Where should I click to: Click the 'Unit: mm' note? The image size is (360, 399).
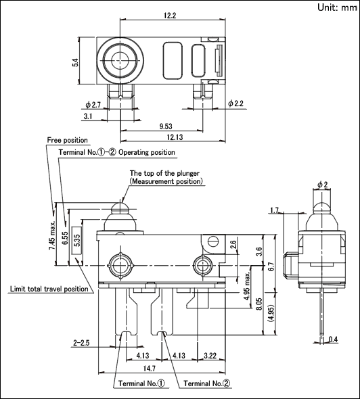pyautogui.click(x=337, y=7)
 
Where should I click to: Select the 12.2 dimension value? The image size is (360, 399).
pyautogui.click(x=170, y=16)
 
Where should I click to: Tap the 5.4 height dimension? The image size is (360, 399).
pyautogui.click(x=75, y=63)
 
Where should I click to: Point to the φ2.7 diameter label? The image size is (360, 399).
pyautogui.click(x=93, y=105)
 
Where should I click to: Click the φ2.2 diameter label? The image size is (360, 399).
pyautogui.click(x=235, y=103)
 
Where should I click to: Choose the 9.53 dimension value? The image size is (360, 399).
pyautogui.click(x=166, y=126)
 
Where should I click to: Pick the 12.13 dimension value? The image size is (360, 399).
pyautogui.click(x=175, y=137)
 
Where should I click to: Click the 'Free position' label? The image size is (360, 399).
pyautogui.click(x=68, y=140)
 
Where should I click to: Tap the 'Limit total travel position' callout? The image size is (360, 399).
pyautogui.click(x=49, y=289)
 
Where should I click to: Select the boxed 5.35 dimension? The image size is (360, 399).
pyautogui.click(x=77, y=240)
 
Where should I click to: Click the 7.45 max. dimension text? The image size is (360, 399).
pyautogui.click(x=52, y=235)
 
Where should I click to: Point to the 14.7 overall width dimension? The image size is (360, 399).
pyautogui.click(x=150, y=369)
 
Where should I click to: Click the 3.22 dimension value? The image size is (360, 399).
pyautogui.click(x=210, y=356)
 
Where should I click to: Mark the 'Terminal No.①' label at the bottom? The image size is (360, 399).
pyautogui.click(x=141, y=383)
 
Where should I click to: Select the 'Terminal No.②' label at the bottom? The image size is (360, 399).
pyautogui.click(x=207, y=383)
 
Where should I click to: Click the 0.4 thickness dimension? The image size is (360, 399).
pyautogui.click(x=333, y=339)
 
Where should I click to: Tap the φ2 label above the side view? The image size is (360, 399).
pyautogui.click(x=323, y=185)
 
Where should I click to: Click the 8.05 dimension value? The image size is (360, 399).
pyautogui.click(x=259, y=304)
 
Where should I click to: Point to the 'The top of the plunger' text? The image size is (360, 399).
pyautogui.click(x=164, y=173)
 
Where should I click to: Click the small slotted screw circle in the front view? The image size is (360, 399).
pyautogui.click(x=213, y=241)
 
